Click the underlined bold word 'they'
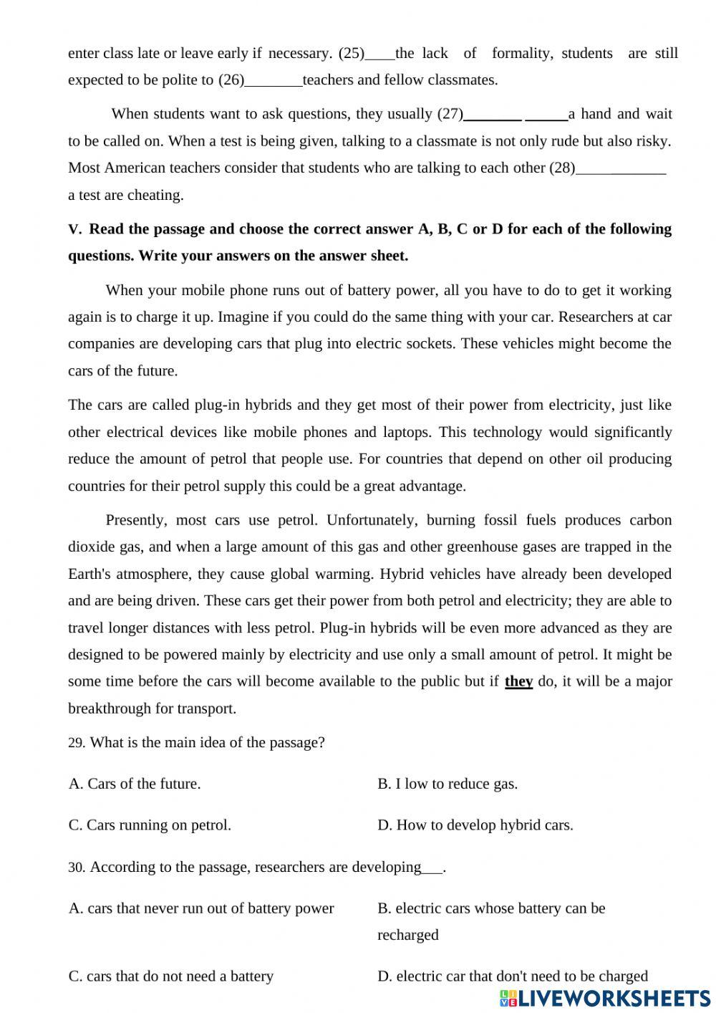click(518, 681)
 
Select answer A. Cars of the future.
click(135, 784)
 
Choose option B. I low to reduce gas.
click(447, 784)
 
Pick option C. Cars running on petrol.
click(150, 825)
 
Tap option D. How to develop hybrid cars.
click(475, 825)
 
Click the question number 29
click(76, 743)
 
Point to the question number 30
click(76, 868)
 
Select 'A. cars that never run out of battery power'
click(201, 908)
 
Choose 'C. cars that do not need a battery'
click(171, 976)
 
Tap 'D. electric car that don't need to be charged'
click(513, 976)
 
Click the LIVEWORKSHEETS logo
click(605, 998)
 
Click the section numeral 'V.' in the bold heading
click(75, 230)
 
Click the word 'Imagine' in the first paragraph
click(241, 317)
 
